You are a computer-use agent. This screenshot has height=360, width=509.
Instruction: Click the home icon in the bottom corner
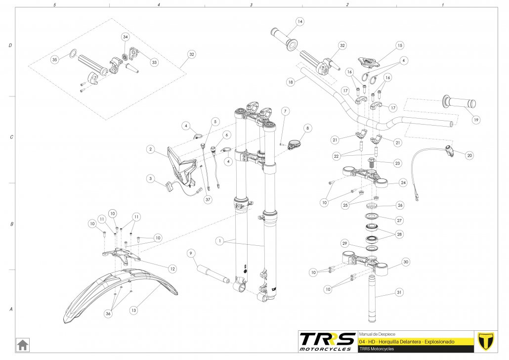[23, 344]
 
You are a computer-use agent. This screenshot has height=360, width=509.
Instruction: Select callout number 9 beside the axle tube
[190, 254]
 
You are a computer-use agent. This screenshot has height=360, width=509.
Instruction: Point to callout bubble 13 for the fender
[133, 310]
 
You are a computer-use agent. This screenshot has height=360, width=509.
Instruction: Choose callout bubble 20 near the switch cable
[469, 155]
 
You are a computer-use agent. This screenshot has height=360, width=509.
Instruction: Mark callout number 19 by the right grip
[475, 119]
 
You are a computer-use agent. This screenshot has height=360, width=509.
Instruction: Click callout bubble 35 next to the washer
[55, 59]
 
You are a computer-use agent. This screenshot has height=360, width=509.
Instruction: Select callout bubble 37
[208, 199]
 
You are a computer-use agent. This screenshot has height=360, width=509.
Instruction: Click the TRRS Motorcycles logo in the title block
[328, 341]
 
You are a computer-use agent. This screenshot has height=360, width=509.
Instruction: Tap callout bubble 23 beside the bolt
[398, 163]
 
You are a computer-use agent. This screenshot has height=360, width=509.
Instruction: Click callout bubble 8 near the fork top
[307, 128]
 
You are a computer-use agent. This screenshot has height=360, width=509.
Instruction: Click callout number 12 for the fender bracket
[172, 269]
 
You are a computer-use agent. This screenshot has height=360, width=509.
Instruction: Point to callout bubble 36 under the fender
[108, 313]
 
